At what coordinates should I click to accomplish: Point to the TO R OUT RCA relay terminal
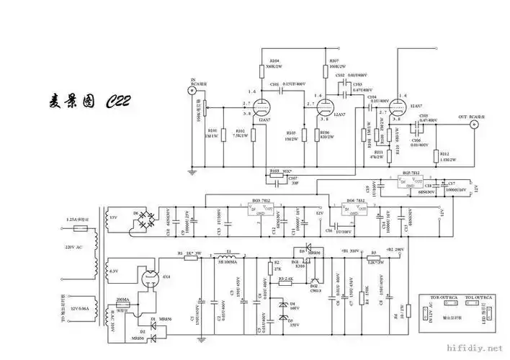[440, 302]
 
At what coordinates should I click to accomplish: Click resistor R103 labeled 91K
[274, 171]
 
